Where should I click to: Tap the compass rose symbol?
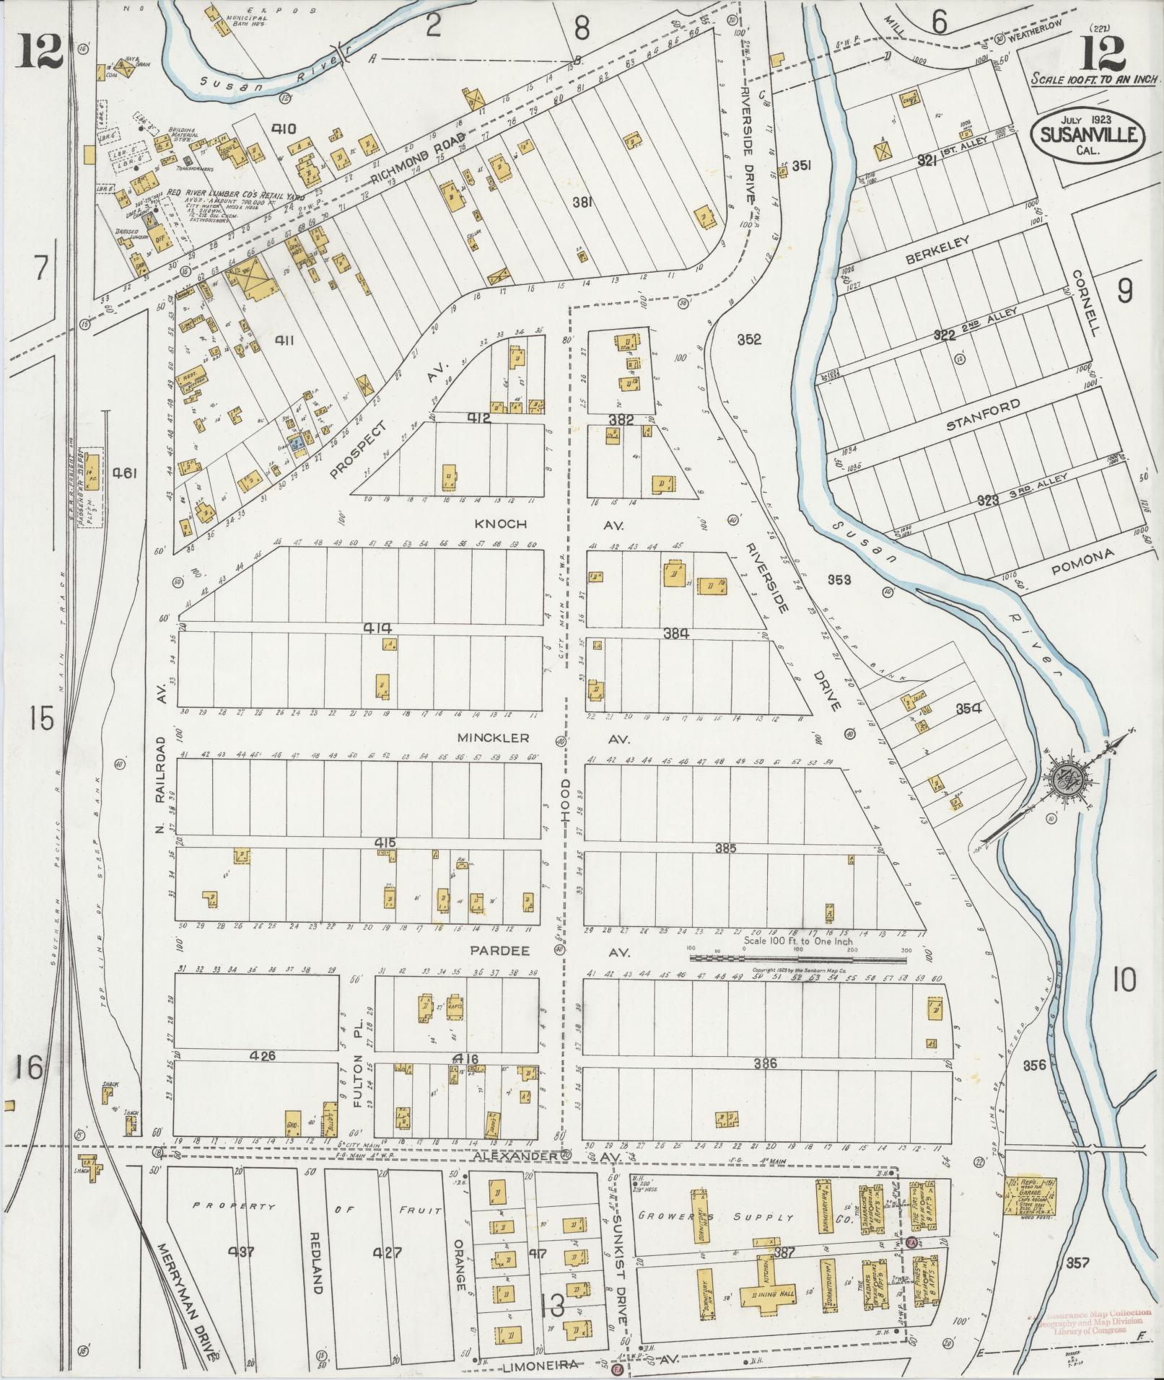(x=1067, y=780)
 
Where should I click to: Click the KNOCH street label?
(x=500, y=524)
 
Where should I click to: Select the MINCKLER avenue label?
(x=494, y=738)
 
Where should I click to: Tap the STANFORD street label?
(x=984, y=415)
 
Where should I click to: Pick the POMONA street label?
(x=1083, y=563)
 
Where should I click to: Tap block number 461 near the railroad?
(x=125, y=473)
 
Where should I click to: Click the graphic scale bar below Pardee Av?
(x=798, y=959)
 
